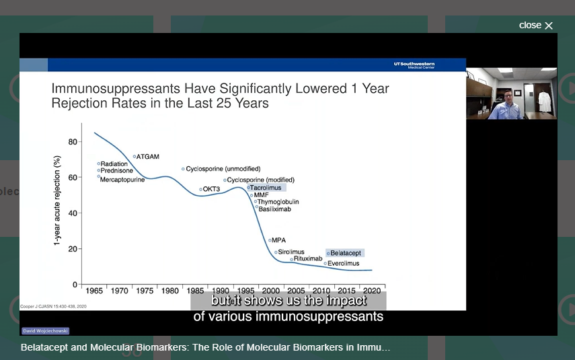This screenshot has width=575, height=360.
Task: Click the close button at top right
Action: (x=536, y=26)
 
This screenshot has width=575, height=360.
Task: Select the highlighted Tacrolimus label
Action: (x=266, y=188)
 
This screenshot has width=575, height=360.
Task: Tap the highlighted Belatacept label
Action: (x=346, y=253)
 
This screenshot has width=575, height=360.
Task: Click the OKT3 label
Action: (x=211, y=189)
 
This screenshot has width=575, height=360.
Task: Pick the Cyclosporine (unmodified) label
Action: (x=223, y=169)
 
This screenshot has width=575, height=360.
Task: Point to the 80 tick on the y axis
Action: (x=73, y=142)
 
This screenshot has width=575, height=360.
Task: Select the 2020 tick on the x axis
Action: (x=372, y=291)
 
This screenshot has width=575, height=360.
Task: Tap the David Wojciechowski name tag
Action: (x=45, y=330)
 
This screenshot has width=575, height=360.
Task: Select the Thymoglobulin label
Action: (x=278, y=202)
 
